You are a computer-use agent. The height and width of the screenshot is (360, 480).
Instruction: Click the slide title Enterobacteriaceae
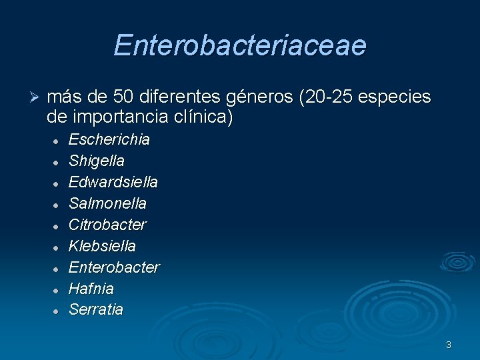coord(239,45)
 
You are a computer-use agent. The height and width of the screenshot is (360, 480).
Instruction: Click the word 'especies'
coord(395,98)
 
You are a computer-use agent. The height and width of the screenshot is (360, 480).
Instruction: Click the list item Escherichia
coord(109,140)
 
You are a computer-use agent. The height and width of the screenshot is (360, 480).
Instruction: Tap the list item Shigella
coord(97,161)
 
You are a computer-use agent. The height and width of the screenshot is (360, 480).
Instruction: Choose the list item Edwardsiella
coord(113,182)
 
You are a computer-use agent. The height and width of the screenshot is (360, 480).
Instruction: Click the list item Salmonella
coord(107,203)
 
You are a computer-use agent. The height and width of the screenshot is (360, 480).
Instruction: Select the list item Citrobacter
coord(107,225)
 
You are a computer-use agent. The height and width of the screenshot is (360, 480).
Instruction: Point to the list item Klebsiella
coord(102,246)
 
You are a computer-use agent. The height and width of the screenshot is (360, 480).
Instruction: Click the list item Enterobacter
coord(114,267)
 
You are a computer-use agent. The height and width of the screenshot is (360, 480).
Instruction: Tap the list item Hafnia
coord(91,289)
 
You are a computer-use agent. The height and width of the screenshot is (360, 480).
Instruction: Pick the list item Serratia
coord(96,310)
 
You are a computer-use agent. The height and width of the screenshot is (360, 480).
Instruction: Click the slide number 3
coord(449,345)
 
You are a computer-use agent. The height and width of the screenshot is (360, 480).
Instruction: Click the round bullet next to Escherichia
coord(57,141)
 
